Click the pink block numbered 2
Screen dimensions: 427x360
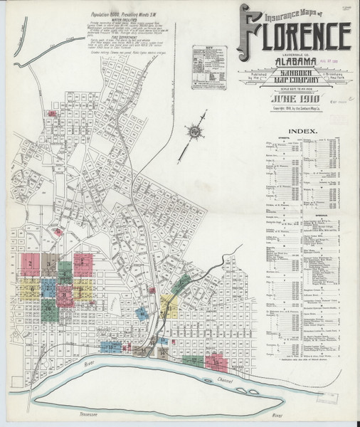pyautogui.click(x=30, y=263)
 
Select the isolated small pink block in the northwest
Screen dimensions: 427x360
pyautogui.click(x=52, y=112)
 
